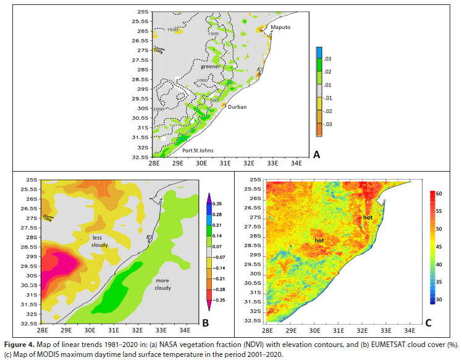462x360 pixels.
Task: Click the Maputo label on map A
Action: click(x=280, y=28)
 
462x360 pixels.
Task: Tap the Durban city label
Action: click(x=237, y=107)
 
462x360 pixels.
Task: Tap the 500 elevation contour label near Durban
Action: click(x=214, y=100)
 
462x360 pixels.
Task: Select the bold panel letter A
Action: click(x=316, y=156)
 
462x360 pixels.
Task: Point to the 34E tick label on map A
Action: click(x=296, y=164)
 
